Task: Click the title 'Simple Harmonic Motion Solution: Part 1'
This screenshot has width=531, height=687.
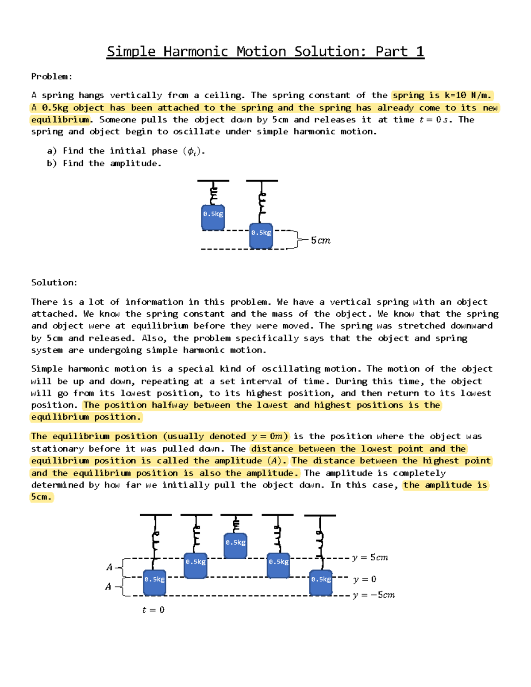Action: (x=265, y=51)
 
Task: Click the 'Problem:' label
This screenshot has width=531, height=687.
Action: (x=51, y=77)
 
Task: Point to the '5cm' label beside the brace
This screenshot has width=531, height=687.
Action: (x=320, y=240)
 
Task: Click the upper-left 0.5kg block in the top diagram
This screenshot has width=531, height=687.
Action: (x=213, y=217)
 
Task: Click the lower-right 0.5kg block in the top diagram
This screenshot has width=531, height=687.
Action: (x=261, y=236)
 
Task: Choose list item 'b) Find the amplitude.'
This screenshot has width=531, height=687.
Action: (x=104, y=163)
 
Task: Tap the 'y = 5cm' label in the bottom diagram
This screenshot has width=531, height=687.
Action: (x=370, y=557)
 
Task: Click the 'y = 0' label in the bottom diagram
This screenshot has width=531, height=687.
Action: (x=365, y=579)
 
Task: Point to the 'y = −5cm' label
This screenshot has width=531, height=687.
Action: (x=373, y=595)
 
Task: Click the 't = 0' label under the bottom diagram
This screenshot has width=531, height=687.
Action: (x=153, y=610)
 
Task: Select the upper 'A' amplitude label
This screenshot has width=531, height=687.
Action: (x=109, y=567)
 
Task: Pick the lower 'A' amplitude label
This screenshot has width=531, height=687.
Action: (x=108, y=587)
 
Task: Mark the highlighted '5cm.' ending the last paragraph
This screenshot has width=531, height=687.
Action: (x=41, y=497)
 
